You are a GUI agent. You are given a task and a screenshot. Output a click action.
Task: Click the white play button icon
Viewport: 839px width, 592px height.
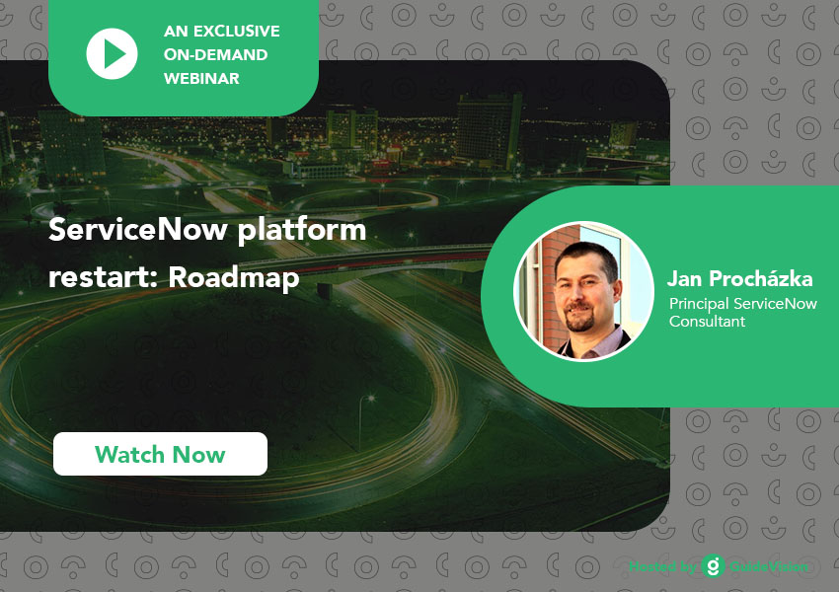112,54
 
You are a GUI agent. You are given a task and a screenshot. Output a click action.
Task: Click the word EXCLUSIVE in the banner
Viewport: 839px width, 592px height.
237,31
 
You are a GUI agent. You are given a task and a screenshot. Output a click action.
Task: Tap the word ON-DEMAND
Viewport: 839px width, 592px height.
215,54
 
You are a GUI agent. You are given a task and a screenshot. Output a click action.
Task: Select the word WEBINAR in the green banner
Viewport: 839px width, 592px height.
201,78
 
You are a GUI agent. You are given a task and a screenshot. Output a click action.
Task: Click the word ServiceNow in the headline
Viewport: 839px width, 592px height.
138,230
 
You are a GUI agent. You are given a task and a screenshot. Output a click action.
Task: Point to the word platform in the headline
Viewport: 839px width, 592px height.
302,231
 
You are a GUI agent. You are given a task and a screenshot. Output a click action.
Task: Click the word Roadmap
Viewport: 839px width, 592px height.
234,278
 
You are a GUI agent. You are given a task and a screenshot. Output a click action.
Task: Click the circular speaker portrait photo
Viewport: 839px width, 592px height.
583,291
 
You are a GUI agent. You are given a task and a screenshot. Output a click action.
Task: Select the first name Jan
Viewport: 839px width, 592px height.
684,278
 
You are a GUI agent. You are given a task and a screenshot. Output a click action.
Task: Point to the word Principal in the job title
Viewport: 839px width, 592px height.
699,304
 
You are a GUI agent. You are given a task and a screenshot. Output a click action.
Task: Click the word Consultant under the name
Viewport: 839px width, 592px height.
707,322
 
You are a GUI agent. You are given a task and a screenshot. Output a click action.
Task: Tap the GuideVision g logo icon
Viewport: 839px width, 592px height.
714,565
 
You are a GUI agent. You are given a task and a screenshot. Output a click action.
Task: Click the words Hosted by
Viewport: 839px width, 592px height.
662,566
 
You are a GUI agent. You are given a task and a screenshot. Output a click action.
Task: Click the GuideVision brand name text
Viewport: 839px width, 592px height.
769,566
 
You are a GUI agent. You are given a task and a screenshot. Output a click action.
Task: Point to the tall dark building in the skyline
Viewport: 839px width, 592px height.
488,131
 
